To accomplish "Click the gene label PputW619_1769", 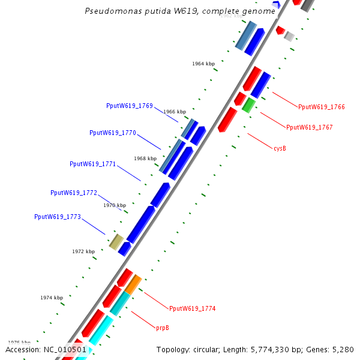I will click(129, 106).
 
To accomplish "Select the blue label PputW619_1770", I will click(113, 133).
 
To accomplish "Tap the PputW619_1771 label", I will click(93, 164).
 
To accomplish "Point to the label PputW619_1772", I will click(74, 193).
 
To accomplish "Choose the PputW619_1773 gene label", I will click(58, 217).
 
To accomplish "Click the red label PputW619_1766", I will click(322, 107).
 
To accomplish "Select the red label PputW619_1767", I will click(310, 127).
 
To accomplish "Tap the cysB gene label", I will click(280, 148).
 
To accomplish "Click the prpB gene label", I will click(163, 328).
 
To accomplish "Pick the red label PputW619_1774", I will click(192, 308).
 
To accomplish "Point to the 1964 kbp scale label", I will click(203, 64).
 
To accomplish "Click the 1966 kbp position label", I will click(175, 112).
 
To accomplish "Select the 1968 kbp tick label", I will click(145, 159).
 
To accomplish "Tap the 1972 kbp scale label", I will click(83, 251).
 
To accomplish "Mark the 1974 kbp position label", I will click(52, 298).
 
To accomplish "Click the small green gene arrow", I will click(248, 106).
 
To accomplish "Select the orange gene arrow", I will click(133, 284).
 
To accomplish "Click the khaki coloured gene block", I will click(116, 242).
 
